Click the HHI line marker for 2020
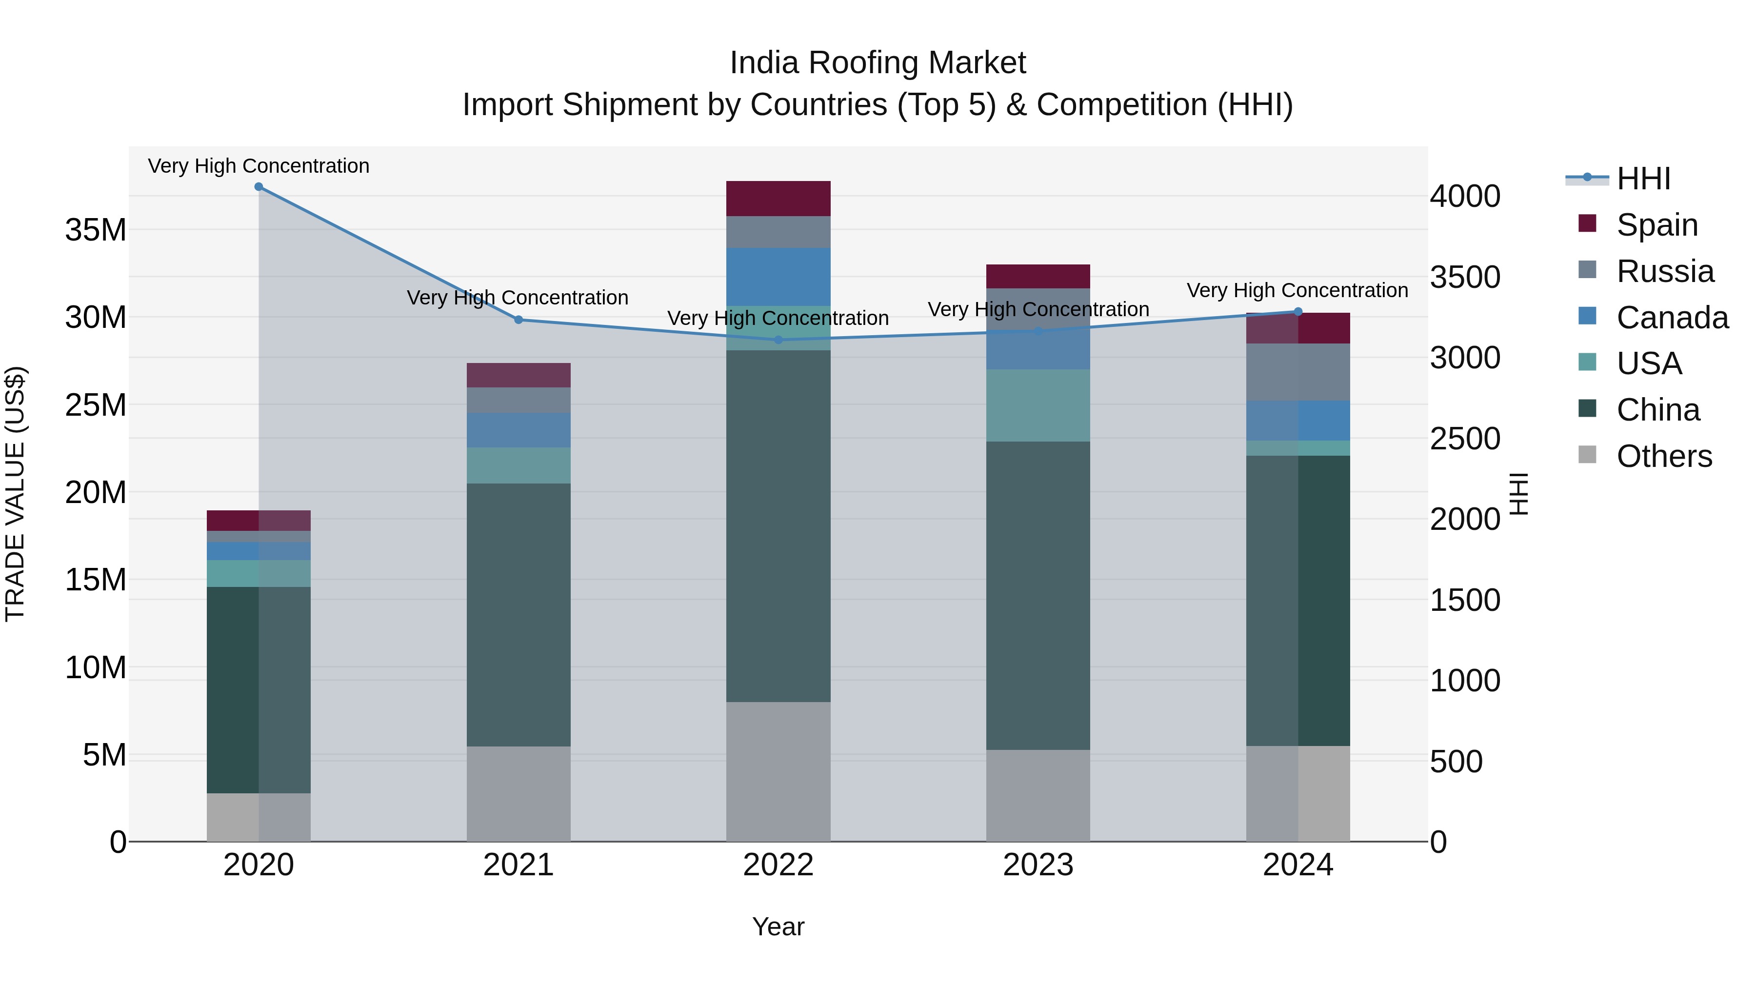(x=259, y=187)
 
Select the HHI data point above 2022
(x=778, y=340)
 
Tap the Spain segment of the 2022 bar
(x=778, y=199)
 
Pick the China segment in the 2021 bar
(x=518, y=614)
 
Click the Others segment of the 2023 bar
(x=1038, y=795)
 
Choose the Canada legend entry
(x=1672, y=318)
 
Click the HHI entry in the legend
(x=1643, y=179)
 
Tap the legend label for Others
(x=1664, y=456)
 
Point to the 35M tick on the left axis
(x=96, y=230)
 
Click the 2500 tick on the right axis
(x=1465, y=439)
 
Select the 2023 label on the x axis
(x=1038, y=865)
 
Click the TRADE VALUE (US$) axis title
(x=15, y=494)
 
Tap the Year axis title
(x=778, y=927)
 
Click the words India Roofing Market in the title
(x=878, y=63)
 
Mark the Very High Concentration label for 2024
(x=1297, y=290)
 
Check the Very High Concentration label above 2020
(x=259, y=166)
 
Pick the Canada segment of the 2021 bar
(x=518, y=429)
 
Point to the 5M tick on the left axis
(x=104, y=755)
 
